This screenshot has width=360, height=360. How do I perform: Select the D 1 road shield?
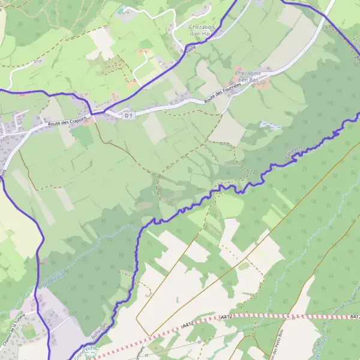[127, 114]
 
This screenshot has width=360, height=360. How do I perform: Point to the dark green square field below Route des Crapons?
[83, 136]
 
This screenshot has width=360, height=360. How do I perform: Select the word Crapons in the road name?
[76, 120]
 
